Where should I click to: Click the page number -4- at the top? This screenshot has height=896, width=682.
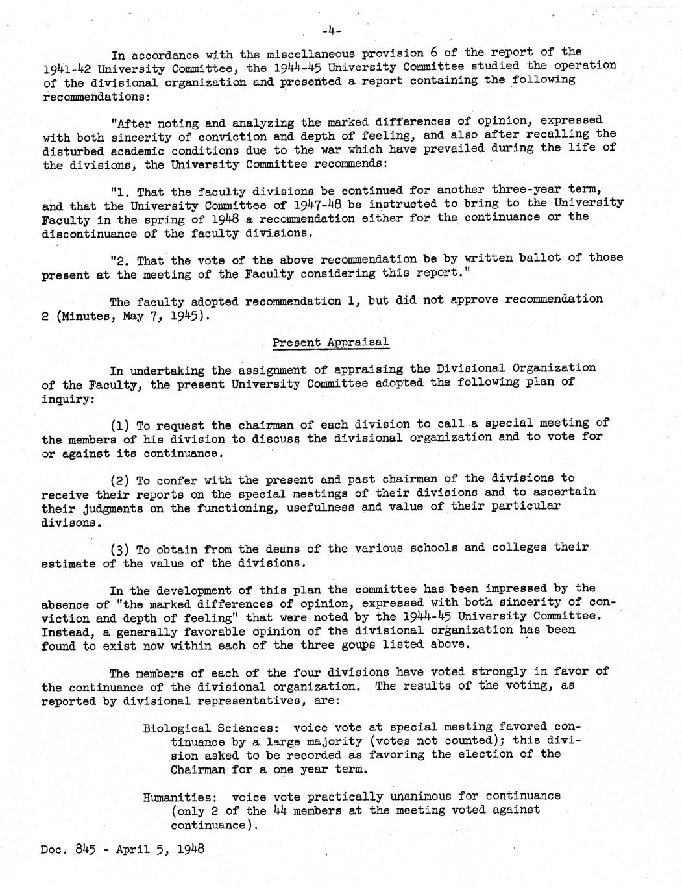(x=331, y=30)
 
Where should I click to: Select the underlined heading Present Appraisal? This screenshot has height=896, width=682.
(x=330, y=342)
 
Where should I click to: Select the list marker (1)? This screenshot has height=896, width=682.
(x=121, y=425)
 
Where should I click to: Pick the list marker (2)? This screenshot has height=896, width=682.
(x=121, y=480)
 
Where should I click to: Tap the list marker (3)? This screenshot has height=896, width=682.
(x=121, y=549)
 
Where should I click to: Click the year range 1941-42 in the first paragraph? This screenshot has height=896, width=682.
(x=69, y=68)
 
